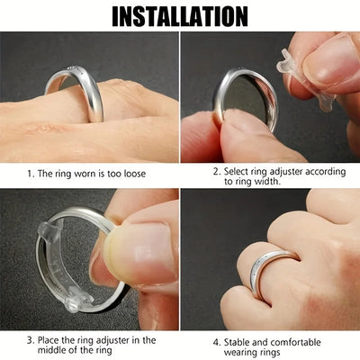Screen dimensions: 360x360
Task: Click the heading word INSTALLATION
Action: click(x=179, y=15)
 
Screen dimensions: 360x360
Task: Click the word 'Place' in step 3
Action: click(x=53, y=340)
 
